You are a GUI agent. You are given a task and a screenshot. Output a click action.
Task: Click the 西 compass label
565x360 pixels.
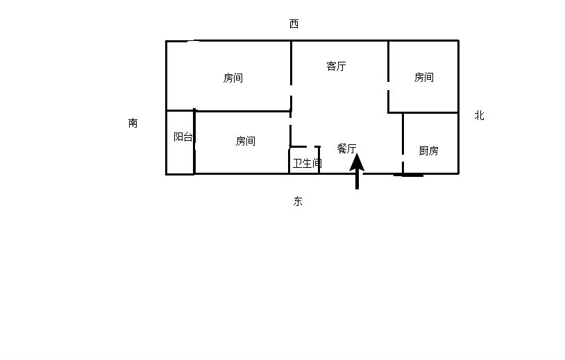[294, 24]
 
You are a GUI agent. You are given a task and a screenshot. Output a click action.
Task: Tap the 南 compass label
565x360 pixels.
[133, 123]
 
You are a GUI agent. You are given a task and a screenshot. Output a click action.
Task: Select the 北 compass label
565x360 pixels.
[479, 116]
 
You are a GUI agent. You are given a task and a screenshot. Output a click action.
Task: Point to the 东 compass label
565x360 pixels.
[298, 201]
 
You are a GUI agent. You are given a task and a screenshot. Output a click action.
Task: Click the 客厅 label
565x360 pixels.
[336, 66]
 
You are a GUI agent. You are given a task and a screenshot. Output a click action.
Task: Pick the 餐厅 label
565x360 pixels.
[346, 148]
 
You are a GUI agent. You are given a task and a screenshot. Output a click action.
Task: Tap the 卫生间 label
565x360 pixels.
[307, 164]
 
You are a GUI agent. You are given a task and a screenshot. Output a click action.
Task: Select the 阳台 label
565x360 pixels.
[183, 137]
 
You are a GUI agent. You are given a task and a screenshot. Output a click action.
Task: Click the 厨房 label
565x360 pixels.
[428, 151]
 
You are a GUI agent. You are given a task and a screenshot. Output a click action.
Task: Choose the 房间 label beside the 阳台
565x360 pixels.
[246, 141]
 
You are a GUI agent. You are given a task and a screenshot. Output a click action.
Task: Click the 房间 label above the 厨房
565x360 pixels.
[423, 77]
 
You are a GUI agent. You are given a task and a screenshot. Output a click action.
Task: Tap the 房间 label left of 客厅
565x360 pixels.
[233, 78]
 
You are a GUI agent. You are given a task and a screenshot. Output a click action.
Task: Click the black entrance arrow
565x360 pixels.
[357, 171]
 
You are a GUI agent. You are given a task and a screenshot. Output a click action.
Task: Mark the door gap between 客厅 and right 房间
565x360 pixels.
[388, 86]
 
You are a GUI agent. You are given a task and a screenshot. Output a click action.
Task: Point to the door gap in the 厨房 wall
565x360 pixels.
[403, 158]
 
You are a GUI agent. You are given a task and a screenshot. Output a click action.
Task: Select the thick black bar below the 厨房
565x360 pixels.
[408, 175]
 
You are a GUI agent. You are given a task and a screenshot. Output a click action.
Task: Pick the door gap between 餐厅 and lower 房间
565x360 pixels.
[291, 121]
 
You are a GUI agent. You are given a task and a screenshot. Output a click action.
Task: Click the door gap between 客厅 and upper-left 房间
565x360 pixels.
[291, 90]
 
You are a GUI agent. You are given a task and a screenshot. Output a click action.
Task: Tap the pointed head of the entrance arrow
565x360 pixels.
[357, 154]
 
